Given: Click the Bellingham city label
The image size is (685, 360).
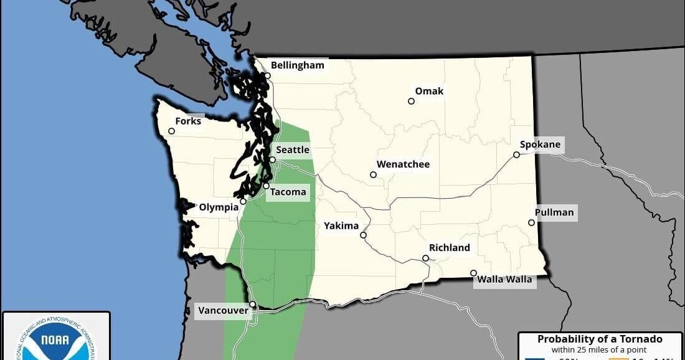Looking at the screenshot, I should click(298, 65).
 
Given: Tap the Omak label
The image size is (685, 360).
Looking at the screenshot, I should click(429, 91).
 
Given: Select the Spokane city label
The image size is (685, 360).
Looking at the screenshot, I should click(540, 144).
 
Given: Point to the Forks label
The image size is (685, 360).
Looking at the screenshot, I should click(188, 121).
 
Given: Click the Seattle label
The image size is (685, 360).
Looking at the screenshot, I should click(293, 150).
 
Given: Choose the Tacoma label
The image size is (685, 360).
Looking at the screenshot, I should click(288, 192).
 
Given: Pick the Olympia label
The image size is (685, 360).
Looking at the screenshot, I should click(218, 207).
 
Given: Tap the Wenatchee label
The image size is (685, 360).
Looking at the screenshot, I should click(404, 164).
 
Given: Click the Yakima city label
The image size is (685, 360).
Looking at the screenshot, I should click(341, 225).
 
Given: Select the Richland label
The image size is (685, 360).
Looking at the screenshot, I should click(449, 248).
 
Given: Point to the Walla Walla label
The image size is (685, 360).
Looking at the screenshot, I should click(504, 279).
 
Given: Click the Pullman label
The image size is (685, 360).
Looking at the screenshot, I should click(554, 212).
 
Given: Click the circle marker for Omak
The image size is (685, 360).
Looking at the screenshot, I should click(411, 101).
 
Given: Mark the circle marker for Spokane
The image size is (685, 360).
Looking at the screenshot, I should click(516, 154).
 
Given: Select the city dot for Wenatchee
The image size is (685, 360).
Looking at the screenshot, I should click(373, 174).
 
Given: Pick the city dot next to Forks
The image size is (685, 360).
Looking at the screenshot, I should click(171, 131).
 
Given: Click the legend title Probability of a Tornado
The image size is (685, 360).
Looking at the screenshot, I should click(600, 339).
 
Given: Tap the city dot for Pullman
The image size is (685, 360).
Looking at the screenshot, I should click(531, 222).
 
